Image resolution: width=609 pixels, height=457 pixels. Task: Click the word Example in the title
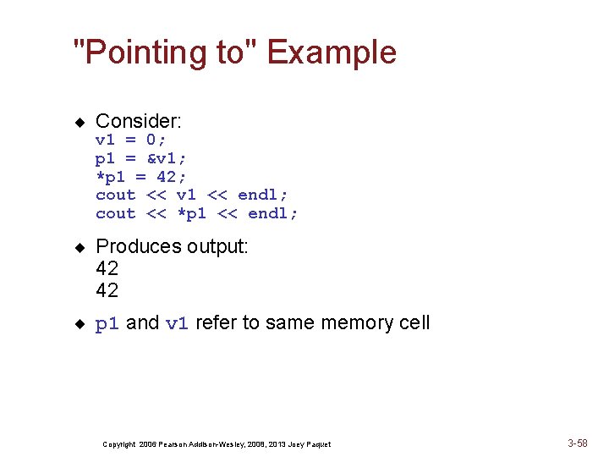click(x=332, y=52)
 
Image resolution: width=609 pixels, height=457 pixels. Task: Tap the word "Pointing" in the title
click(x=159, y=52)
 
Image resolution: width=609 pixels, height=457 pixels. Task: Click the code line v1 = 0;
click(x=131, y=140)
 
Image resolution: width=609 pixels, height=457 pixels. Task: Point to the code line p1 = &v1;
click(x=141, y=158)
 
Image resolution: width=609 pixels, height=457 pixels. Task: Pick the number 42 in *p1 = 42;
click(x=167, y=177)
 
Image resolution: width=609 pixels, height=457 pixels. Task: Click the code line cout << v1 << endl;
click(x=192, y=195)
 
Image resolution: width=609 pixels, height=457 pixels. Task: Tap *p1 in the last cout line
click(x=192, y=214)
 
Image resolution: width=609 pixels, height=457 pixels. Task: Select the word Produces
click(x=139, y=246)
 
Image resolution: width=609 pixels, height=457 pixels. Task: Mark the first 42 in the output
click(x=107, y=268)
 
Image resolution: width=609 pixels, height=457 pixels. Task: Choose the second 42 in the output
click(x=107, y=290)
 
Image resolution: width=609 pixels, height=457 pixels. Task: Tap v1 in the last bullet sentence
click(x=177, y=323)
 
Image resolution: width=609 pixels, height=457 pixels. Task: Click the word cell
click(x=414, y=322)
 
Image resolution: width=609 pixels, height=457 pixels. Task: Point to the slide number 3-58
click(x=578, y=443)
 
